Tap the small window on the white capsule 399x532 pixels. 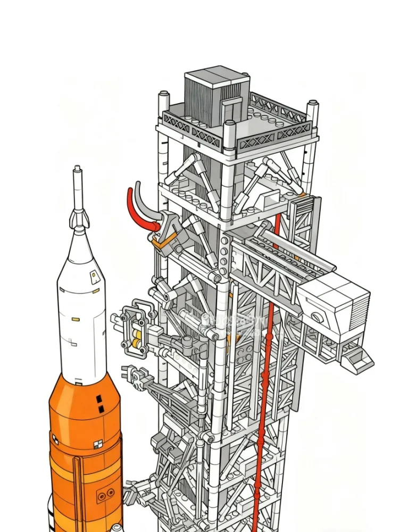pyautogui.click(x=94, y=275)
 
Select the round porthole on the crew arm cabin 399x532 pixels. pyautogui.click(x=317, y=318)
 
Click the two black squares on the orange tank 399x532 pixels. pyautogui.click(x=99, y=404)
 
